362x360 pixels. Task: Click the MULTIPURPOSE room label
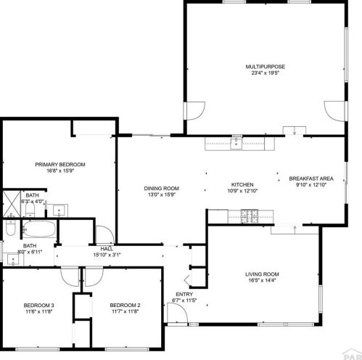coord(266,67)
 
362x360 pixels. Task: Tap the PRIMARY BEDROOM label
coord(60,165)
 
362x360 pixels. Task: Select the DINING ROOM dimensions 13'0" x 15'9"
coord(162,195)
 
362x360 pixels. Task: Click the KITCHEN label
coord(242,184)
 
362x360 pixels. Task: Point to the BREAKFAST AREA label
coord(311,179)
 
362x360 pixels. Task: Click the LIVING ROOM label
coord(262,274)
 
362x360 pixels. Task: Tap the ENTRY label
coord(184,294)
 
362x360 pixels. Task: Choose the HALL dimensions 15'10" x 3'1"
coord(107,255)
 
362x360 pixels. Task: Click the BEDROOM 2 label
coord(125,305)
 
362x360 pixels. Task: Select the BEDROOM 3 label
coord(38,305)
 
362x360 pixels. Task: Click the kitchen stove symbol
coord(250,216)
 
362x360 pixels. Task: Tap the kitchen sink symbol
coord(236,143)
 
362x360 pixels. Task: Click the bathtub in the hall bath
coord(39,229)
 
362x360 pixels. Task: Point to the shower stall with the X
coord(12,204)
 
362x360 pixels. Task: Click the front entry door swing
coord(178,313)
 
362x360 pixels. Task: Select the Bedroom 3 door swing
coord(70,277)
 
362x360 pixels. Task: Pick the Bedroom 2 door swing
coord(94,277)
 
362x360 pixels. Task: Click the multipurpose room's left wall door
coord(194,111)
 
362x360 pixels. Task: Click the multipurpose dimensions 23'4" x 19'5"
coord(266,73)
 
